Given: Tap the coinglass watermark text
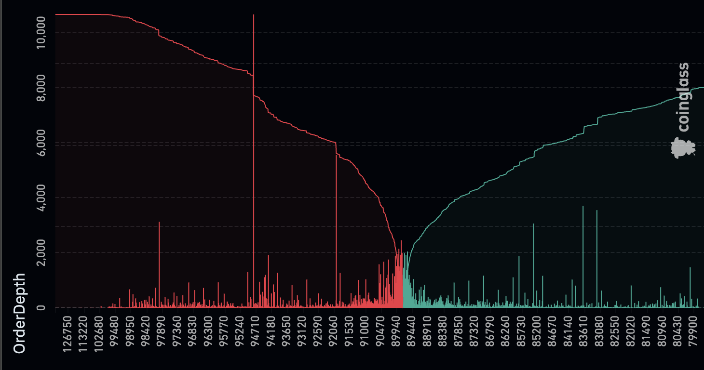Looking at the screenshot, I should tap(684, 97).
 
